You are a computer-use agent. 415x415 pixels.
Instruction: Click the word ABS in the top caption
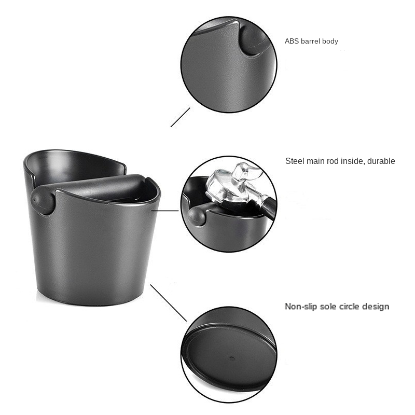point(292,41)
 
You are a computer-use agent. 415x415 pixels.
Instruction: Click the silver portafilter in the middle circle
point(233,185)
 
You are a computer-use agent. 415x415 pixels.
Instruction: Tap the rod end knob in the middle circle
point(197,216)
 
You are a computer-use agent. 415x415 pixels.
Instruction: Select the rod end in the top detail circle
point(254,39)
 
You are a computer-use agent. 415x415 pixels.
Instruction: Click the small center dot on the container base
point(232,358)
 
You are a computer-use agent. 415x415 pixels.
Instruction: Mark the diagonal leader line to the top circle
point(180,117)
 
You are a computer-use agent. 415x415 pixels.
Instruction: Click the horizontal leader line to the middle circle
point(165,211)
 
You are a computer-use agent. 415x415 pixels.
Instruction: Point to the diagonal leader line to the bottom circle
point(169,303)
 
